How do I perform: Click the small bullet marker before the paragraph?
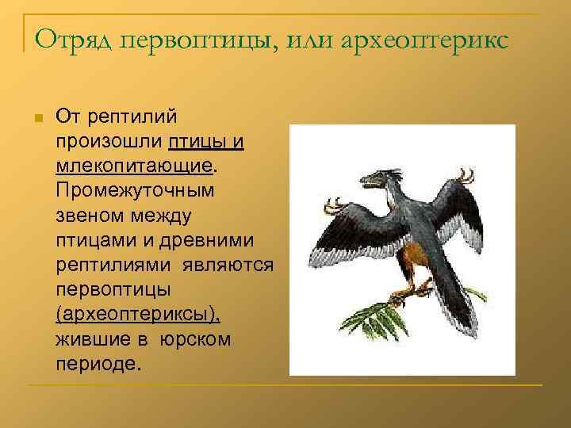tap(36, 118)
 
